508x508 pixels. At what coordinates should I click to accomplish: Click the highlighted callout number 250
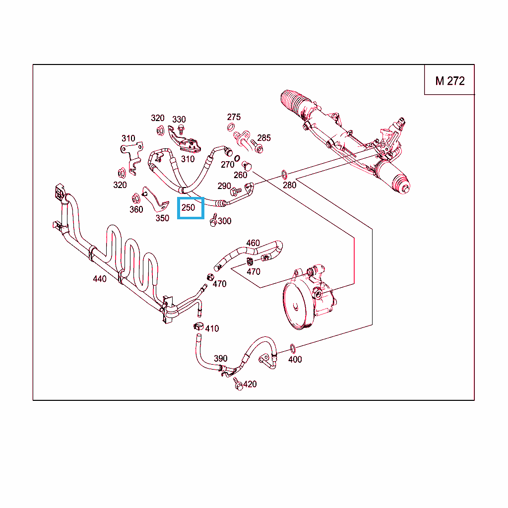pyautogui.click(x=190, y=208)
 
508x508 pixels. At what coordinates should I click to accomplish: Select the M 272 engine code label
pyautogui.click(x=449, y=81)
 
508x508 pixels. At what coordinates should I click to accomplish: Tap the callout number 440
pyautogui.click(x=100, y=279)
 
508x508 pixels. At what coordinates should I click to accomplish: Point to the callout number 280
pyautogui.click(x=289, y=185)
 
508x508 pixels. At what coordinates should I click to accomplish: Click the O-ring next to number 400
pyautogui.click(x=292, y=347)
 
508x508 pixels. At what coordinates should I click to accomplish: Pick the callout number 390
pyautogui.click(x=220, y=358)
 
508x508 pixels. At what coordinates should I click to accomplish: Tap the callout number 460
pyautogui.click(x=253, y=243)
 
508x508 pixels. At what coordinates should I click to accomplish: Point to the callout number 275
pyautogui.click(x=234, y=117)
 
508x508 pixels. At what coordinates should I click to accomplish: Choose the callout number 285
pyautogui.click(x=264, y=137)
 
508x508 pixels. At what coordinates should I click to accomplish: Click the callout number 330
pyautogui.click(x=179, y=119)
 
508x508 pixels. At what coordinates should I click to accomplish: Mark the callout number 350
pyautogui.click(x=162, y=218)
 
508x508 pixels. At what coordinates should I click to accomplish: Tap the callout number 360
pyautogui.click(x=136, y=209)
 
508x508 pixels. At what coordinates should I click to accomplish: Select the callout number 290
pyautogui.click(x=224, y=186)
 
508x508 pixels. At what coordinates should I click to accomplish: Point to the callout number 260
pyautogui.click(x=240, y=175)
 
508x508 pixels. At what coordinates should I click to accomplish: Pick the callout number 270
pyautogui.click(x=227, y=164)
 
